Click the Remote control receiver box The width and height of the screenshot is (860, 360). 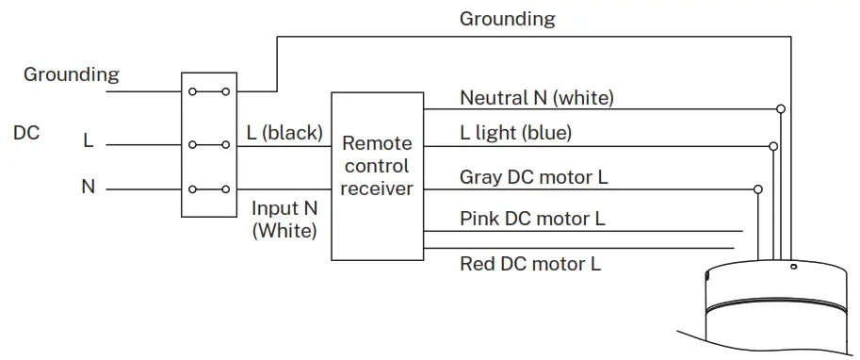(x=377, y=176)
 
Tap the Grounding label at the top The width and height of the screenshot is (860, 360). (x=507, y=19)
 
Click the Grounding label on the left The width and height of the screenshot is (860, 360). (x=72, y=74)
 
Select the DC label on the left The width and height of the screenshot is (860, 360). (x=26, y=133)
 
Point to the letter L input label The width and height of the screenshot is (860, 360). (x=89, y=142)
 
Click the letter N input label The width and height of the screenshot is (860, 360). (x=89, y=188)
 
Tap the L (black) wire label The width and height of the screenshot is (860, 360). (x=284, y=133)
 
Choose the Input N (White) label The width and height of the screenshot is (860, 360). (x=284, y=219)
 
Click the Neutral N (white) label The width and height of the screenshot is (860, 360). (x=537, y=97)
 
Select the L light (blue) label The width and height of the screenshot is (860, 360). (x=515, y=134)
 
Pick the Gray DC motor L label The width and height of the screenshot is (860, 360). (x=532, y=177)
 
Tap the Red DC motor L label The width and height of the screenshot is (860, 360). (x=529, y=263)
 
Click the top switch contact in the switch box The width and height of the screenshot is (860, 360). (x=208, y=91)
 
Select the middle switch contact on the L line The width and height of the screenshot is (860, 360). (x=208, y=145)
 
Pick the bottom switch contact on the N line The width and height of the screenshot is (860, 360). (x=208, y=189)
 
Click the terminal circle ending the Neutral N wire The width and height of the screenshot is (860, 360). (x=780, y=109)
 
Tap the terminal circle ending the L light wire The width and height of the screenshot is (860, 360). (x=773, y=147)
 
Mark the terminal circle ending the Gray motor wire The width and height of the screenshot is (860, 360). (x=758, y=189)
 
